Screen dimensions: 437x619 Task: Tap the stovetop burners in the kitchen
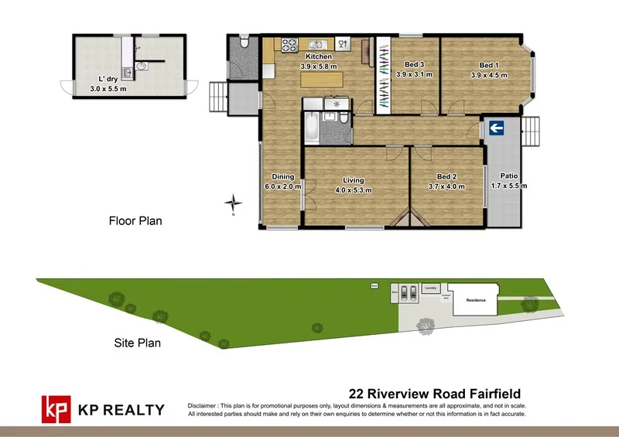coord(289,45)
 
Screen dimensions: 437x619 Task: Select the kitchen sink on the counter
coord(316,44)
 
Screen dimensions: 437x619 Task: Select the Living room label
coord(354,180)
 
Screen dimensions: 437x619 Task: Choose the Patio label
coord(508,176)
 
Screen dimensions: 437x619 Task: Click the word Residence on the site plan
coord(475,299)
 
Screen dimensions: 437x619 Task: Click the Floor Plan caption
coord(135,221)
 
